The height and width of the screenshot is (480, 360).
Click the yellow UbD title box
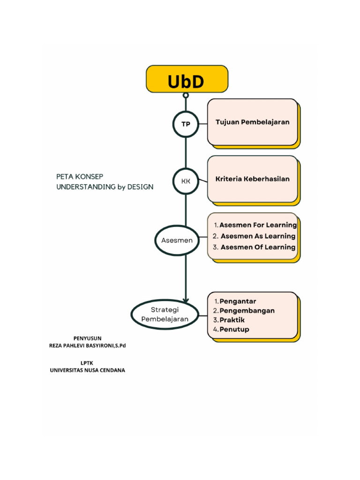point(187,79)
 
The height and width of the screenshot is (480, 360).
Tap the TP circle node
point(186,124)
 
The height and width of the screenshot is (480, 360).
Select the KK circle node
point(186,181)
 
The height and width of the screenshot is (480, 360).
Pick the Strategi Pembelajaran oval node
point(165,315)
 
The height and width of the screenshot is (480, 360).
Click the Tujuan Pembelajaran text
point(252,122)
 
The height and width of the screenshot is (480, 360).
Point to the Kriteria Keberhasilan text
point(252,179)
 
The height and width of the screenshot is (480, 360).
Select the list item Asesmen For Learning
point(255,225)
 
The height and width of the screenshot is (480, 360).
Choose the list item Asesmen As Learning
point(257,236)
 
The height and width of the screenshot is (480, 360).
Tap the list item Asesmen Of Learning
point(257,247)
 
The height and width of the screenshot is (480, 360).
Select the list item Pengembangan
point(247,310)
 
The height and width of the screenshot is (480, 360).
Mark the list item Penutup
point(234,329)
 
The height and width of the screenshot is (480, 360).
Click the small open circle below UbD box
point(186,96)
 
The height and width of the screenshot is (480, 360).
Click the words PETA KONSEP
point(80,176)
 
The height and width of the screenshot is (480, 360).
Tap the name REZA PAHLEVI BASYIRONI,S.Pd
point(88,345)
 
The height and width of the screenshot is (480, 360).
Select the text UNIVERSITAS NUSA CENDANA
point(88,370)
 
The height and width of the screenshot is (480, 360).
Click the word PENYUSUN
point(87,338)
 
